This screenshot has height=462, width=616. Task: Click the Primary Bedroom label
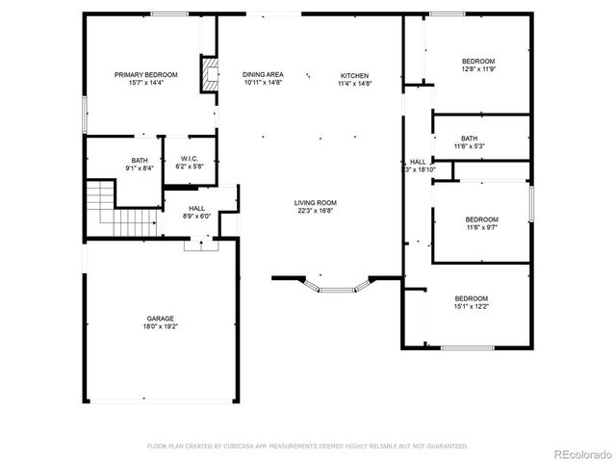pyautogui.click(x=146, y=75)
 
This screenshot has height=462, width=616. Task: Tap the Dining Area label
pyautogui.click(x=263, y=75)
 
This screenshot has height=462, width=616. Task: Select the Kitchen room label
pyautogui.click(x=354, y=75)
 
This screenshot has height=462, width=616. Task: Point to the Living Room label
pyautogui.click(x=316, y=202)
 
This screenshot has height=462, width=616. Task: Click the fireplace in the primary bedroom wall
pyautogui.click(x=208, y=75)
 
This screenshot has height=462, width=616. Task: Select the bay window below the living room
pyautogui.click(x=337, y=286)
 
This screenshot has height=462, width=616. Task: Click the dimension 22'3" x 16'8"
pyautogui.click(x=316, y=211)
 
